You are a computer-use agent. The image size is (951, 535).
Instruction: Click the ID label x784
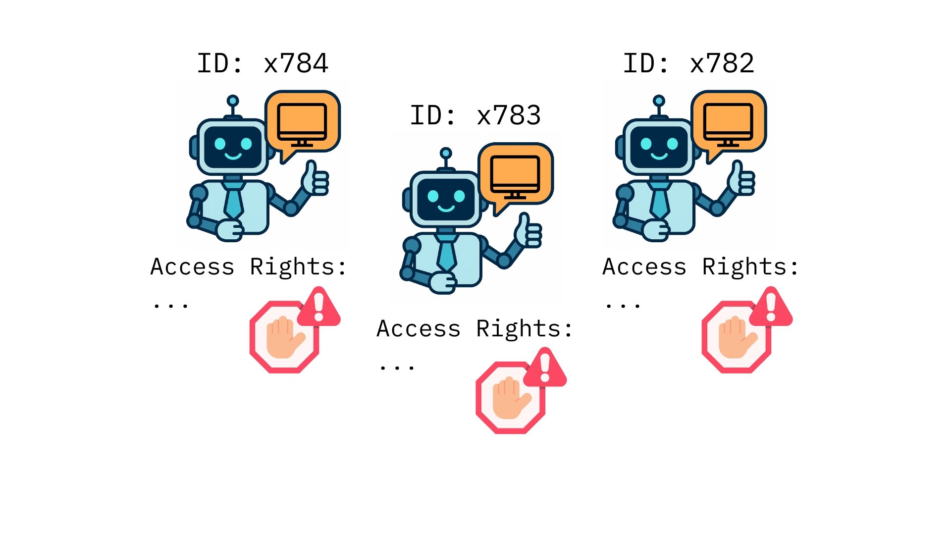point(263,63)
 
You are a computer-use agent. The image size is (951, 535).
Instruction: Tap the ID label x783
point(475,116)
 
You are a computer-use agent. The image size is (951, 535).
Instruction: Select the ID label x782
point(688,63)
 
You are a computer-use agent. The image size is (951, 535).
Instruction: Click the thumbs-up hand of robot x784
point(316,179)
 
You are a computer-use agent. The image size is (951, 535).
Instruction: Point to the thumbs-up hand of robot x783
point(529,231)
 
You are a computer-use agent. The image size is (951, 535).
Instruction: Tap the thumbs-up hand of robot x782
point(741,179)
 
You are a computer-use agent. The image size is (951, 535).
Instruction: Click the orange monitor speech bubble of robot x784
point(303,122)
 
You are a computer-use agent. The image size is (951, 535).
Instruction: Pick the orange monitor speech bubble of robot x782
point(729,122)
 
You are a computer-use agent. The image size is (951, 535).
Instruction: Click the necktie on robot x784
point(233,201)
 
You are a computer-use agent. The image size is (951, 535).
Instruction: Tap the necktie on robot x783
point(446,253)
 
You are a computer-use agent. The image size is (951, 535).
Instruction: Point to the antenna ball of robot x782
point(659,101)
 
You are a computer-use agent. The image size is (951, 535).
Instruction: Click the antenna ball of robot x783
point(446,153)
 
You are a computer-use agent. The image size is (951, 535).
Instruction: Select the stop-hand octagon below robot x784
point(284,337)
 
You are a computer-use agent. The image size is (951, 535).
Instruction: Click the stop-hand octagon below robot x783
point(510,398)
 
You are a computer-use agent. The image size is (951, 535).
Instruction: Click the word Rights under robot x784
point(292,267)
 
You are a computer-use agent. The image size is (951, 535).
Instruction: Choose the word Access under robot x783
point(419,329)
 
